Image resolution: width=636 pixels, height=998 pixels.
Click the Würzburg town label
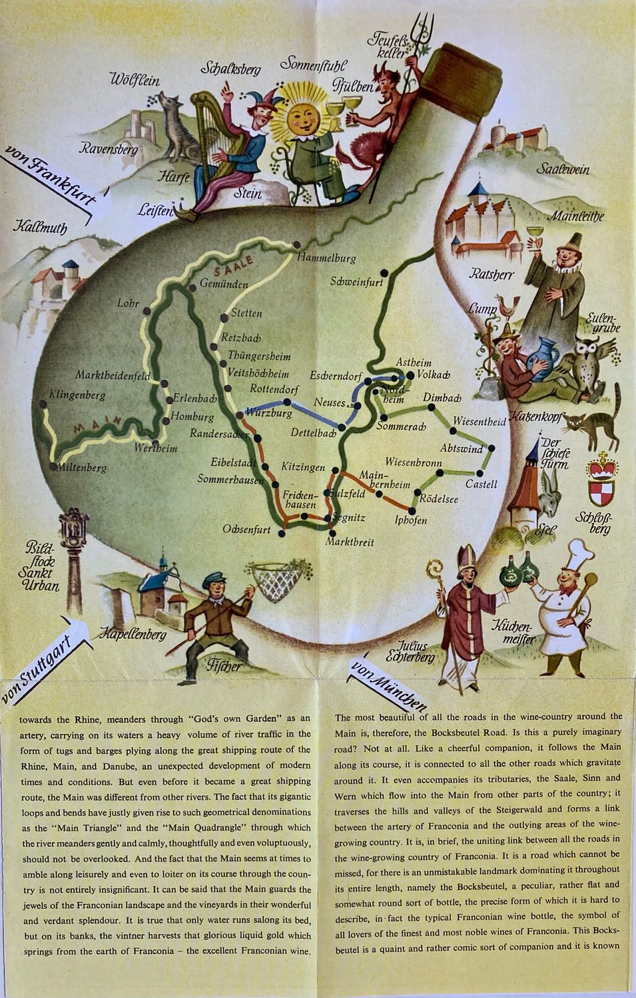(x=270, y=413)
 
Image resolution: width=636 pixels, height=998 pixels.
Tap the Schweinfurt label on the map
(x=356, y=282)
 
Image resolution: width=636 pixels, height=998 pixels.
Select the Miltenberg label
(x=81, y=468)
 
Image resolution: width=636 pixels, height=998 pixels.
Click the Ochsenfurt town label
(x=247, y=530)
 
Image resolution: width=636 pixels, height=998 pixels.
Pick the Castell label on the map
(x=481, y=484)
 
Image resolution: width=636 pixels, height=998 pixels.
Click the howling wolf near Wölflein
(x=176, y=130)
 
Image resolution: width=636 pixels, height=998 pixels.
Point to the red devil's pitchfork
(x=418, y=40)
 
